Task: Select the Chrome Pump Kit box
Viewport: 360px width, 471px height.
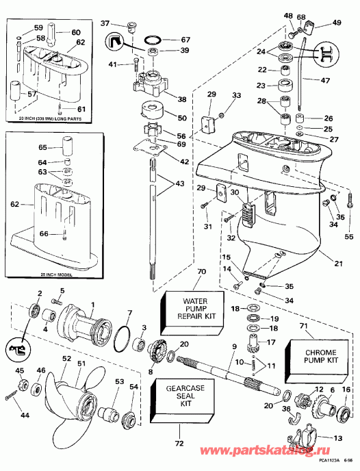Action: point(324,357)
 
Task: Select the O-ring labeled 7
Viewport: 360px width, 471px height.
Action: point(122,338)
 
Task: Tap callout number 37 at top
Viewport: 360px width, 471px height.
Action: point(105,24)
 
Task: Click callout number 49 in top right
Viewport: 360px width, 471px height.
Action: point(336,23)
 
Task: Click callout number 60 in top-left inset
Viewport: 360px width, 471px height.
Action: point(75,33)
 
